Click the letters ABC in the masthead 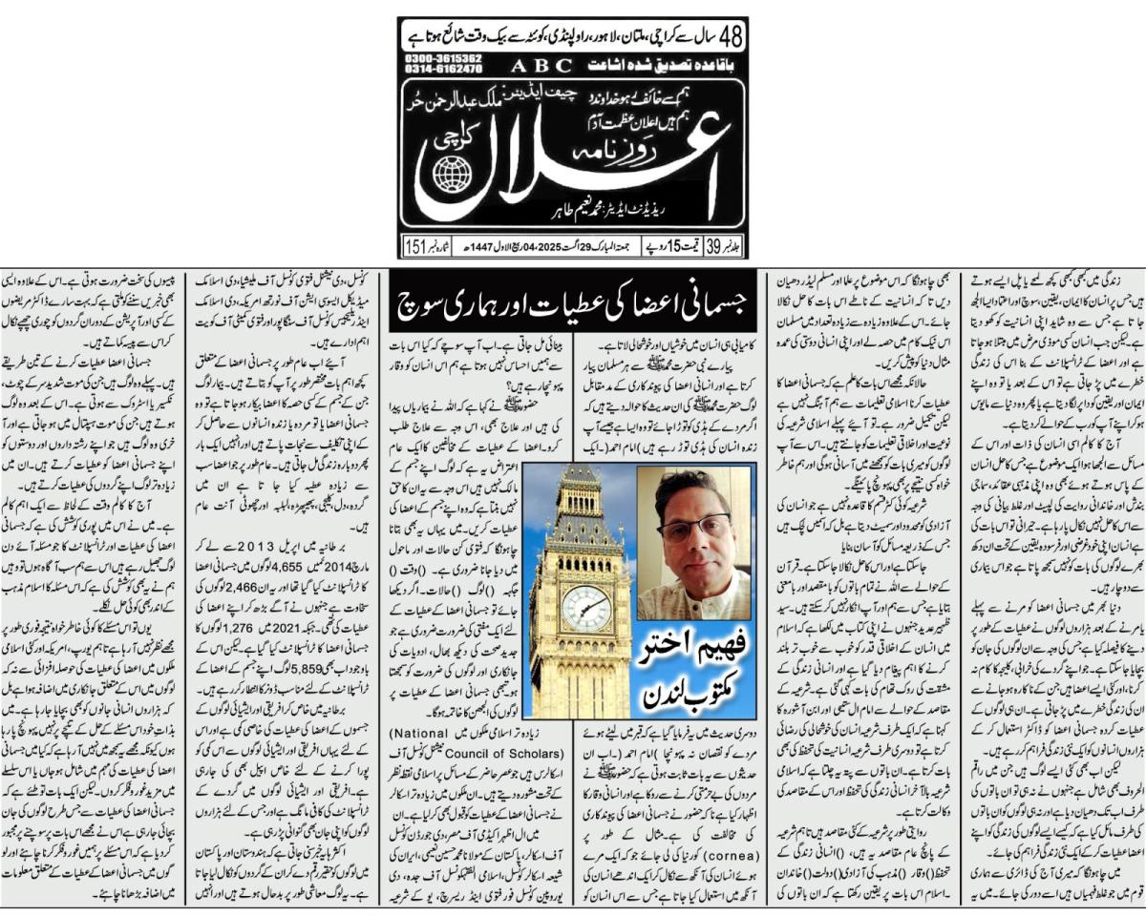tap(541, 65)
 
